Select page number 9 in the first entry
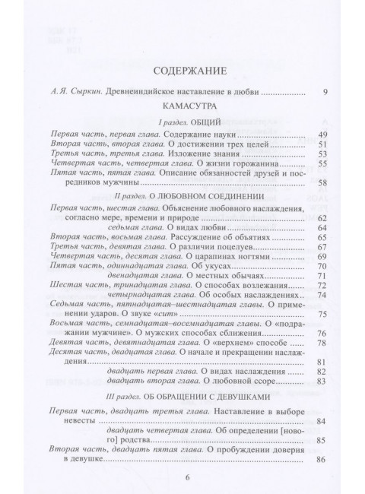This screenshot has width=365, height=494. (x=323, y=93)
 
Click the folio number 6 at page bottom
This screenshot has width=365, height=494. (x=182, y=477)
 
